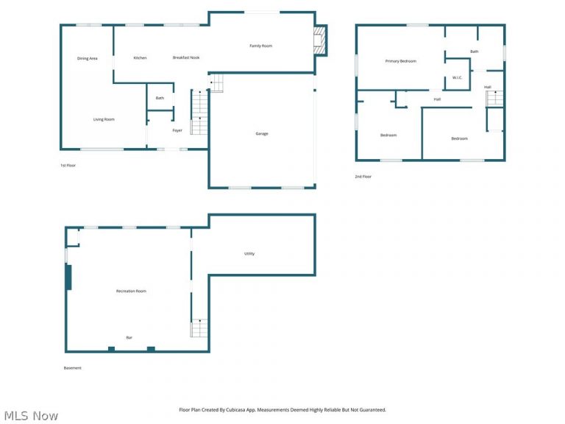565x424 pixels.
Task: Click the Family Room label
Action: (x=261, y=46)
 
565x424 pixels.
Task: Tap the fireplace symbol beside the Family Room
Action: (x=319, y=40)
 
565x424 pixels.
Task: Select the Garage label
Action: (x=262, y=134)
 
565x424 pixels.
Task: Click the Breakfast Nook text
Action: (x=186, y=57)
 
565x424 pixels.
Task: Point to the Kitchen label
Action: (x=141, y=57)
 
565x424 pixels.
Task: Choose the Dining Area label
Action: (x=88, y=58)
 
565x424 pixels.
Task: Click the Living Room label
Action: (x=104, y=119)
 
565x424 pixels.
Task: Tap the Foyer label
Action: (x=177, y=130)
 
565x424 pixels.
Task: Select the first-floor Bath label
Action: (x=160, y=98)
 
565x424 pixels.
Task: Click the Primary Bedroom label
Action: (x=401, y=61)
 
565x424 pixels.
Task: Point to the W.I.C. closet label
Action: (x=458, y=77)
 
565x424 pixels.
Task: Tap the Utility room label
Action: (x=249, y=254)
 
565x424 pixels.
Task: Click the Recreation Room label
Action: (x=131, y=291)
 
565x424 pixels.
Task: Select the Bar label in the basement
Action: (x=129, y=338)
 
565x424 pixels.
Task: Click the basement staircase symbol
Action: (x=199, y=328)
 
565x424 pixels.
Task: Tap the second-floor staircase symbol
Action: (x=494, y=99)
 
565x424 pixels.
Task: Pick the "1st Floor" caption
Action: (x=68, y=166)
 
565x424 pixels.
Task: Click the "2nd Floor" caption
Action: (x=363, y=177)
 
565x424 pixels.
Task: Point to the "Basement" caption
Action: (x=72, y=368)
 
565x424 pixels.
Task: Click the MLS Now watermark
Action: (x=31, y=416)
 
